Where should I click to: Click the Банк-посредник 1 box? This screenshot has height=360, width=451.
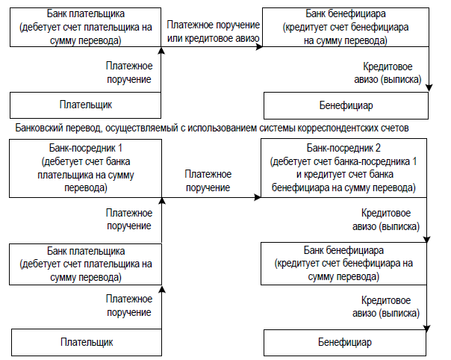point(85,168)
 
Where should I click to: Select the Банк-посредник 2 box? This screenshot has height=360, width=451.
point(343,168)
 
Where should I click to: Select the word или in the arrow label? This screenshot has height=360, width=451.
point(174,38)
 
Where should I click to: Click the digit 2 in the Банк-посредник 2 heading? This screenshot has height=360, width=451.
point(378,148)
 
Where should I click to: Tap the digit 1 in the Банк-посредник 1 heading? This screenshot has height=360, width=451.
point(120,148)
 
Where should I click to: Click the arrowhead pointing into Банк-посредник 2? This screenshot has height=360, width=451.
point(258,197)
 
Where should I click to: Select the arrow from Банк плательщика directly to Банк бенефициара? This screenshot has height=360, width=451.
point(212,46)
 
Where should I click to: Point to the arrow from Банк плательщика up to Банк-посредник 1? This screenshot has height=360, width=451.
point(162,220)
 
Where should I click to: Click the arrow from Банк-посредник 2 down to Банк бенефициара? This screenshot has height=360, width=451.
point(427,220)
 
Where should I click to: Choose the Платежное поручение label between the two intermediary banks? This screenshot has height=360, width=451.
point(208,181)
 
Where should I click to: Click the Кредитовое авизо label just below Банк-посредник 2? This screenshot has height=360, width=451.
point(386,220)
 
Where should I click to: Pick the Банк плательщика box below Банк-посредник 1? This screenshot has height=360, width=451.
point(85,264)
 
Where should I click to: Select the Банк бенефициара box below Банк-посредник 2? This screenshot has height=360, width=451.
point(343,264)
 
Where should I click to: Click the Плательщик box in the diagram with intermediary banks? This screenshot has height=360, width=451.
point(87,342)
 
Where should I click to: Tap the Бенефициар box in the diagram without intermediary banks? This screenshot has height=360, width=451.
point(346,105)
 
